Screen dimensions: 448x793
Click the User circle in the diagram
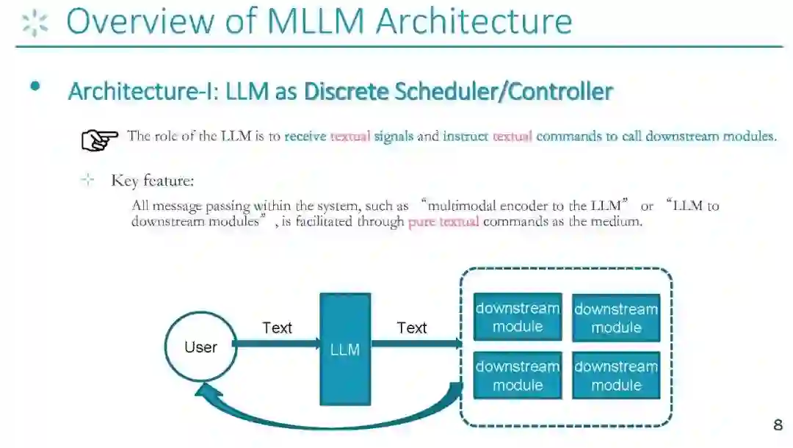(200, 347)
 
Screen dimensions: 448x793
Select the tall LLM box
(344, 349)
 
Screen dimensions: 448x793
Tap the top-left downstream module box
(517, 317)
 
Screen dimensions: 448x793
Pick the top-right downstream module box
(616, 318)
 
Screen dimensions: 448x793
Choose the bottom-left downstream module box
(517, 375)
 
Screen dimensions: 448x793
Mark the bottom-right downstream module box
(616, 375)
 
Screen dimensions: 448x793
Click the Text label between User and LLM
(277, 328)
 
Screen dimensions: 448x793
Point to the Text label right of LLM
(411, 328)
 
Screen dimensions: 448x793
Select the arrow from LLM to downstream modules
(416, 343)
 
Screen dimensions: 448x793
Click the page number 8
(778, 425)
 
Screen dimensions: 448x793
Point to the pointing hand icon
(99, 139)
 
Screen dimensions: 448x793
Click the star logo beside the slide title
(35, 23)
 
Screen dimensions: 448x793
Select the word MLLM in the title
(316, 21)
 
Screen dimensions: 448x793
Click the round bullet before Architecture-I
(35, 87)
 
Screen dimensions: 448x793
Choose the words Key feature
(152, 181)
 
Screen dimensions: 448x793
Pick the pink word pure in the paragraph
(421, 221)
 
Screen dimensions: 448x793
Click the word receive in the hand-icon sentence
(305, 136)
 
